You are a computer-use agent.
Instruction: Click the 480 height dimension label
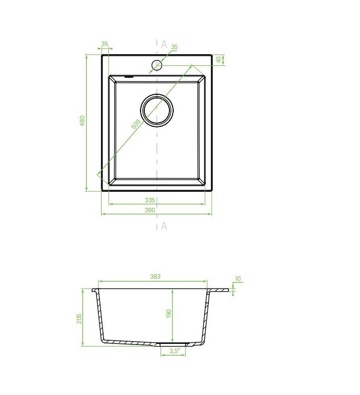[82, 121]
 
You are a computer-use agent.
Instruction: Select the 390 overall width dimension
[149, 210]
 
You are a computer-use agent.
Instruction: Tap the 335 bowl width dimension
[149, 200]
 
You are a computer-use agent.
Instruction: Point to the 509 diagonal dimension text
[136, 124]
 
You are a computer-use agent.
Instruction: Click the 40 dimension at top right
[219, 60]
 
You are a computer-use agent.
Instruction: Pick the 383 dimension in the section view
[155, 276]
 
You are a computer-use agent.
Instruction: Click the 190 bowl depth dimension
[168, 313]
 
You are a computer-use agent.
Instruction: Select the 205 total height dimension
[79, 319]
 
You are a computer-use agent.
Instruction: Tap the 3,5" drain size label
[174, 350]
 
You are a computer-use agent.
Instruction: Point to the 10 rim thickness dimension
[238, 279]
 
